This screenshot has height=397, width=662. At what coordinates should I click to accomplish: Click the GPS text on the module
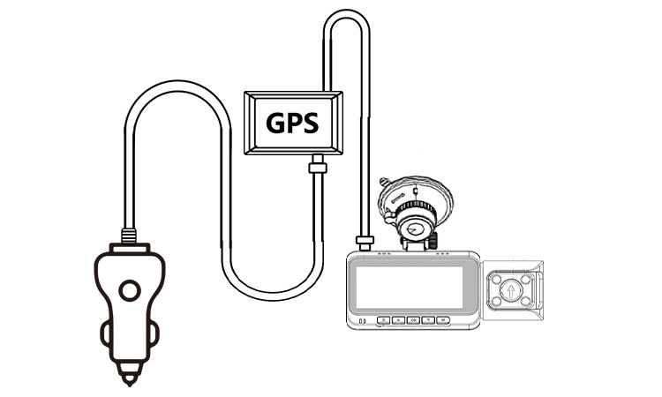tap(292, 123)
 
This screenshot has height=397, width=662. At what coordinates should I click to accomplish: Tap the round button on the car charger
tap(130, 290)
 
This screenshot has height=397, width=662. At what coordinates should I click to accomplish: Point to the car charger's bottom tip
tap(130, 379)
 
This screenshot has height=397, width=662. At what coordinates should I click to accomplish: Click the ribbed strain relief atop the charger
tap(130, 236)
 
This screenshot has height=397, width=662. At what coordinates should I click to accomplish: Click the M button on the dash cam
tap(444, 319)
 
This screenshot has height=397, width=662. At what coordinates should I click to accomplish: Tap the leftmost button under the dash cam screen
tap(384, 319)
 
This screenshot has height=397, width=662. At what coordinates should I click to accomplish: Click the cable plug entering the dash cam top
tap(363, 240)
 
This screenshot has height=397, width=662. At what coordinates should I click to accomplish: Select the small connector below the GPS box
tap(318, 166)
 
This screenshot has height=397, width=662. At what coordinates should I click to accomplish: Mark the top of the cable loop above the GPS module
tap(344, 14)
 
